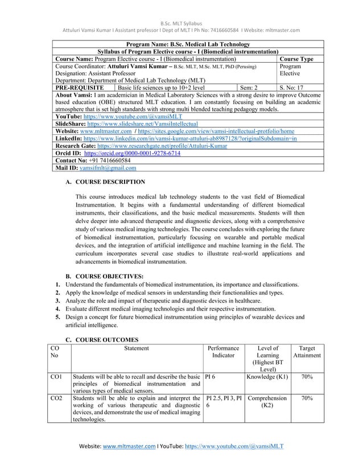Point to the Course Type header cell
click(x=299, y=58)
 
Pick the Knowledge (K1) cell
click(x=267, y=376)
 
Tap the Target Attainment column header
click(x=307, y=352)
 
